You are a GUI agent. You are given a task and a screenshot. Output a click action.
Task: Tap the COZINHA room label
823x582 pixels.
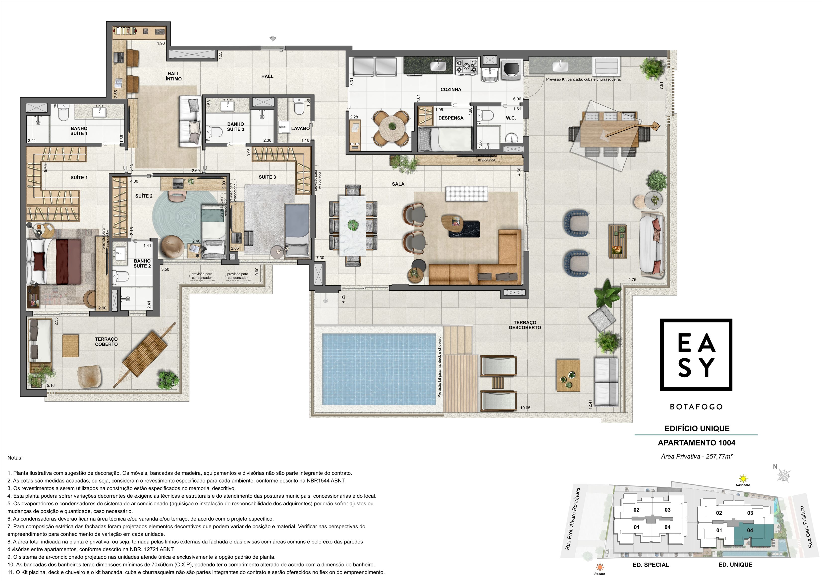point(450,90)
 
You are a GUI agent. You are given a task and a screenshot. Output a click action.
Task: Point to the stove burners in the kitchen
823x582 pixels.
point(466,66)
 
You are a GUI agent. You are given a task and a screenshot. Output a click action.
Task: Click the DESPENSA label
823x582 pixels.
point(450,118)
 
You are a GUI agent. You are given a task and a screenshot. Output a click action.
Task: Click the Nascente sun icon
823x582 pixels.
point(743,478)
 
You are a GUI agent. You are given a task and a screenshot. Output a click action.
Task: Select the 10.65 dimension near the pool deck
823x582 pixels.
point(525,408)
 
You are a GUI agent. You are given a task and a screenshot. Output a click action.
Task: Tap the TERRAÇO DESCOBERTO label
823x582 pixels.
point(525,325)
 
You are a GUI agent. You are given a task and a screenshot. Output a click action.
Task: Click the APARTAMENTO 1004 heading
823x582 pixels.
point(697,443)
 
